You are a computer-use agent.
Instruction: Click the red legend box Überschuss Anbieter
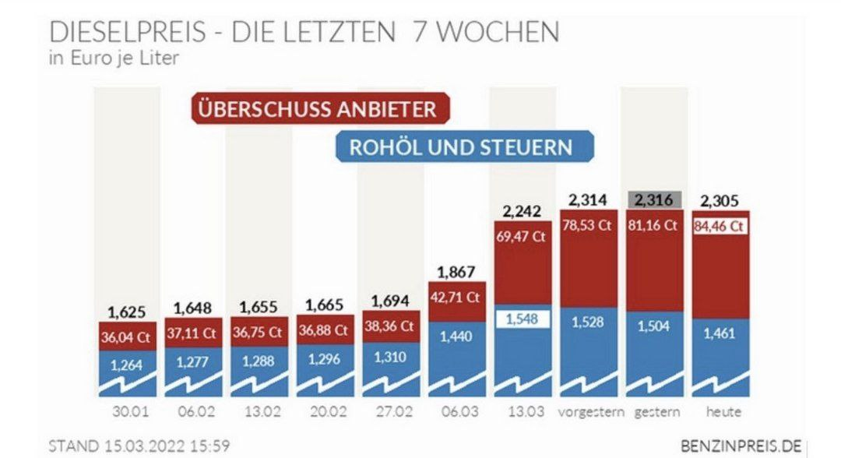coord(320,108)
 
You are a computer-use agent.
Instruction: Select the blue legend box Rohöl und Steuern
coord(464,146)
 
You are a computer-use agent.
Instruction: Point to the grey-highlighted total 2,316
coord(655,199)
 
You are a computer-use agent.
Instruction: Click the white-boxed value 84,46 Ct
coord(720,227)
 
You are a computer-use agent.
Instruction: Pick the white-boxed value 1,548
coord(521,319)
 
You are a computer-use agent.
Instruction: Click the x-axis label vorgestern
coord(589,411)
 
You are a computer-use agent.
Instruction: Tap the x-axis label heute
coord(720,411)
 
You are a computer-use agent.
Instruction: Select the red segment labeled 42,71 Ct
coord(456,298)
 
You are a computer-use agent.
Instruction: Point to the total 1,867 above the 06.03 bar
coord(456,272)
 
